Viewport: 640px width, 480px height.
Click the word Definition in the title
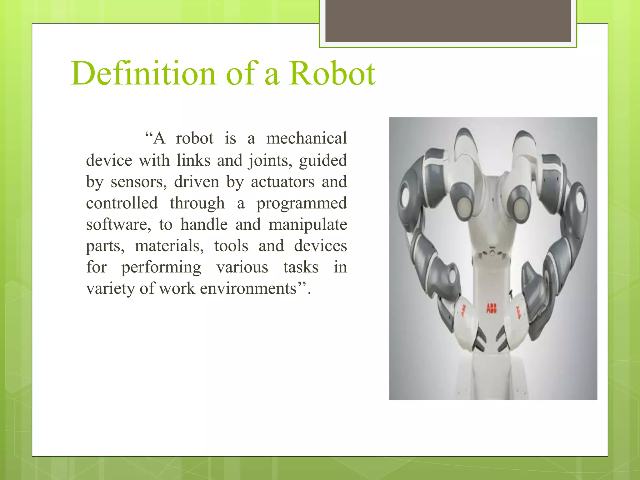point(143,73)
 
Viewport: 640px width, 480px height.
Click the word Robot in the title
point(332,73)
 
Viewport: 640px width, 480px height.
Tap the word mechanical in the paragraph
point(306,138)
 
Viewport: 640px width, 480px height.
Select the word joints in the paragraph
point(270,161)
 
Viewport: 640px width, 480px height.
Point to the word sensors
point(138,182)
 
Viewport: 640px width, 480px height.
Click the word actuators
point(282,182)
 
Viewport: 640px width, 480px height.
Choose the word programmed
point(302,203)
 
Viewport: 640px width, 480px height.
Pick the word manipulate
point(307,225)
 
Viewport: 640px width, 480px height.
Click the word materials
point(169,246)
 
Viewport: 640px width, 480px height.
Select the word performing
point(161,267)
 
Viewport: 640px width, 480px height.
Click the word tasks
point(301,267)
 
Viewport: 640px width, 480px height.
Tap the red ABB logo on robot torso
point(491,308)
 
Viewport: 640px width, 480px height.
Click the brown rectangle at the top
point(448,21)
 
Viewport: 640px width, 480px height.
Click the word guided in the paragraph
point(323,161)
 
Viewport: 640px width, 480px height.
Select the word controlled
point(122,203)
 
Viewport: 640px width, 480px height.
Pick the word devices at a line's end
point(320,246)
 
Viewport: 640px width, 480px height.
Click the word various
point(242,267)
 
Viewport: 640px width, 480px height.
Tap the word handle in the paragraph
point(204,225)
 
